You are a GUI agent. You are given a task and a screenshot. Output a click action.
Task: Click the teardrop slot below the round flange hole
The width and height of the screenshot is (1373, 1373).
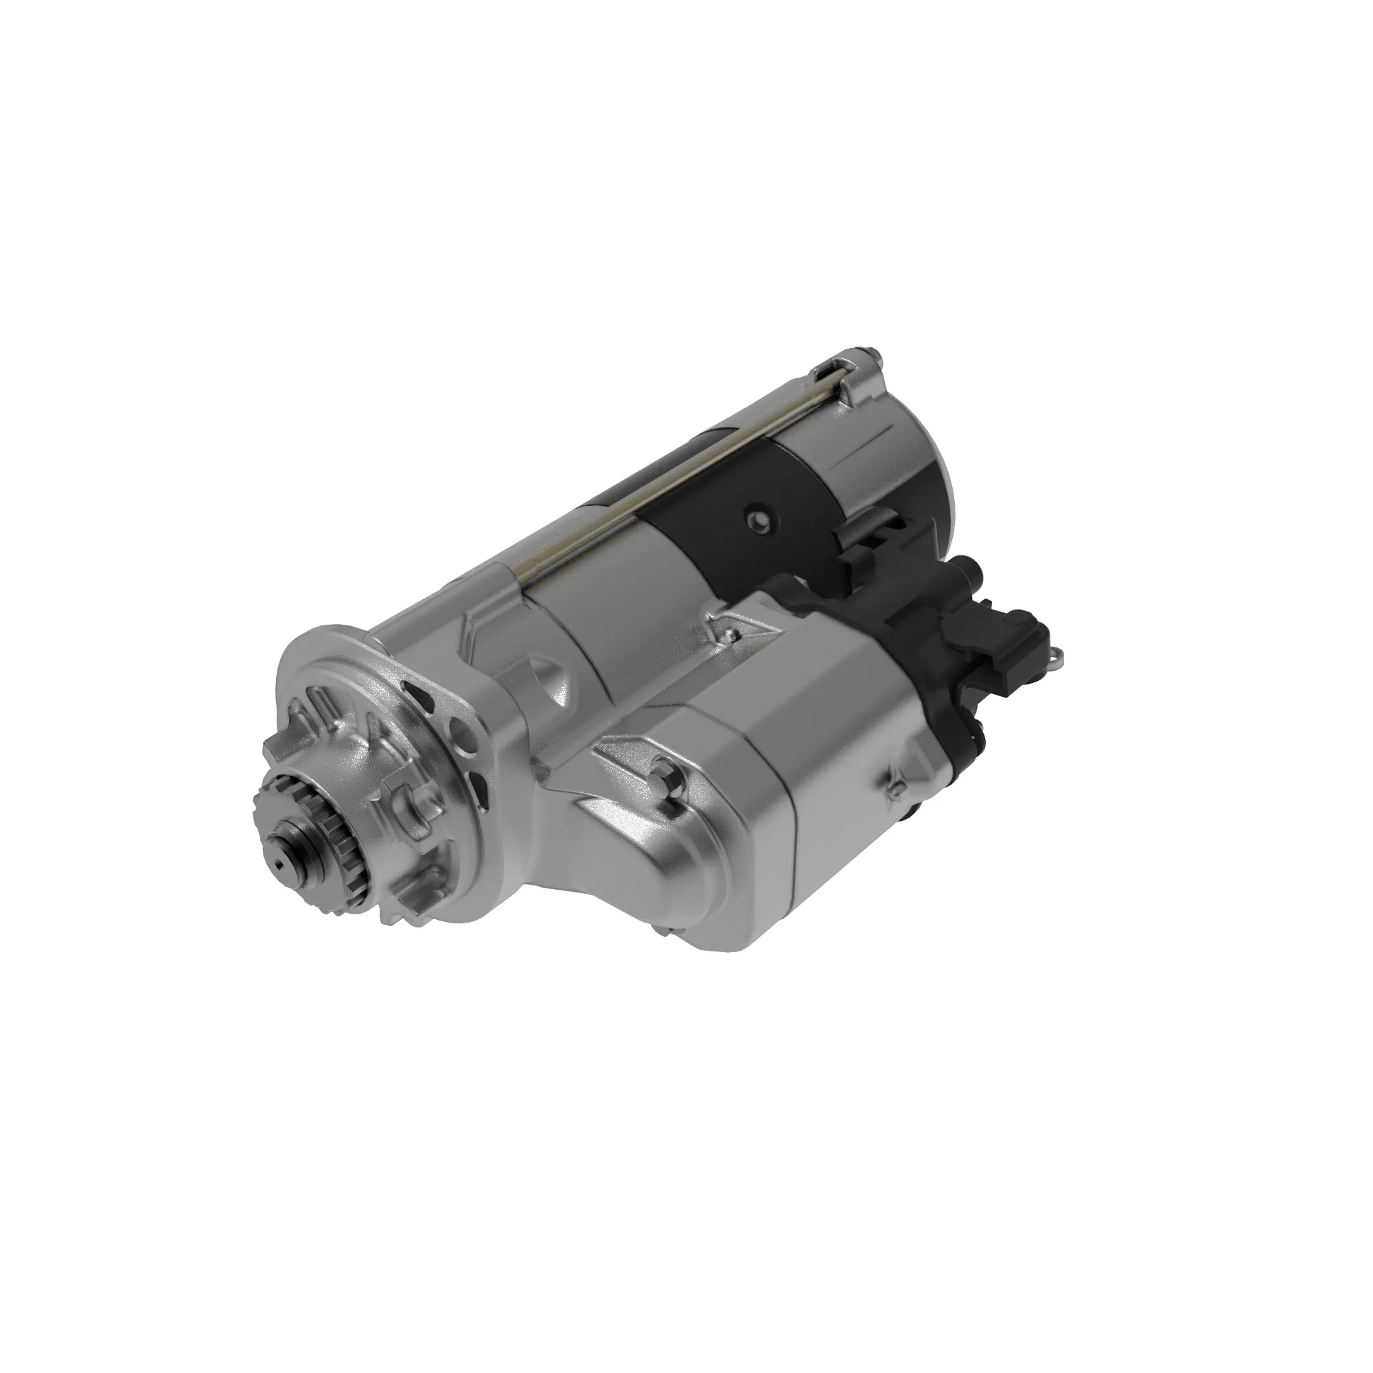(x=484, y=785)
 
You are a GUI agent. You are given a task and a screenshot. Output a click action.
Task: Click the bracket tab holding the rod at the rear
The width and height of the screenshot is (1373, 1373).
(x=856, y=380)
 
